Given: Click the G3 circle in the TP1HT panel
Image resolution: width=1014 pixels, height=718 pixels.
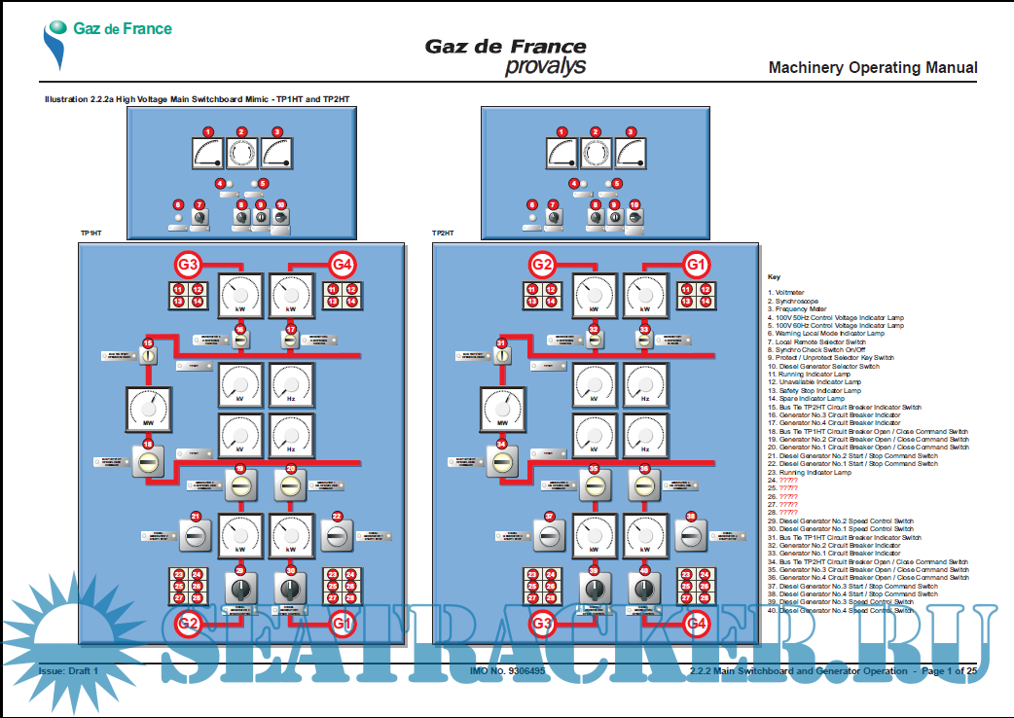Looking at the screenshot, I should pos(189,264).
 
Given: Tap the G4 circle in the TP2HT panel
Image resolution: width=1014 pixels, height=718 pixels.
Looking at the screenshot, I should pos(696,623).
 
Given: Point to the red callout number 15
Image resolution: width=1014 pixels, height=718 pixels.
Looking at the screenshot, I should pos(149,343).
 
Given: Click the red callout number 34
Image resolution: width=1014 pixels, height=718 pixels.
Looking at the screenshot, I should pos(502,445).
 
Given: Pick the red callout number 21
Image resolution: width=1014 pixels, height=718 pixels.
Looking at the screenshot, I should pos(196,517).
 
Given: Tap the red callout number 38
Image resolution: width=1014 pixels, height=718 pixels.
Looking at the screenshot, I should pos(691,517).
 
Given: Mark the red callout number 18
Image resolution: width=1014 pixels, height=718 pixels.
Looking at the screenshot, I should pos(149,445).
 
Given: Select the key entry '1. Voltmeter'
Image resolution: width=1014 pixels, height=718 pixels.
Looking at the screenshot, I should pos(785,292).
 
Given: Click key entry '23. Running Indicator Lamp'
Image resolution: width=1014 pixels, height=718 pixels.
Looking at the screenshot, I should pos(810,472).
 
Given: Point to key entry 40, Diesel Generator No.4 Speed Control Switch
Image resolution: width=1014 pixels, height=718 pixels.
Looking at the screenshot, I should pos(841,611).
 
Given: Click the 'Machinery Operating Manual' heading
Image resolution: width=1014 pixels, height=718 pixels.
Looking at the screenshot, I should pos(872,68).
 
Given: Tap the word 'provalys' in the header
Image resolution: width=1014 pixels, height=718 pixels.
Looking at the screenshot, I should pos(545,66).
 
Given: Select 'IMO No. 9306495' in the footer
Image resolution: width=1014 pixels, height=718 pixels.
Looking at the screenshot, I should pos(507,671).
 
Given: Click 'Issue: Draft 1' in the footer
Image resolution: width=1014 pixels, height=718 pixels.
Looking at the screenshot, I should pos(68,671).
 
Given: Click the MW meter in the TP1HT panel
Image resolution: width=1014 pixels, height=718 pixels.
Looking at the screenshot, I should pos(149,410).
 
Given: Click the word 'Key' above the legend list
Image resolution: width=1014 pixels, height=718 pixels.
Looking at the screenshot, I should pos(774,276).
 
